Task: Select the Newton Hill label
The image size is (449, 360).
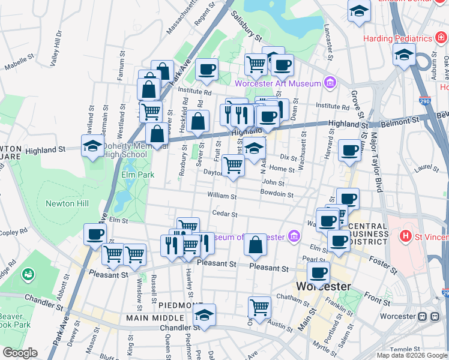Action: tap(67, 203)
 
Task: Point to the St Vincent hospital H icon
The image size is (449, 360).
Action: tap(406, 235)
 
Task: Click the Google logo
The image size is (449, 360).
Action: tap(20, 353)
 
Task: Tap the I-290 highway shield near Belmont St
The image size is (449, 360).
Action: tap(424, 101)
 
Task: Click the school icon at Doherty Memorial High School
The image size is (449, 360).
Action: tap(93, 145)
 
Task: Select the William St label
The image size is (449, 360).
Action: tap(223, 195)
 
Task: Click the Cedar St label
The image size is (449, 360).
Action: tap(225, 214)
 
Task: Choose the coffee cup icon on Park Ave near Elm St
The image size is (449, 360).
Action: tap(95, 235)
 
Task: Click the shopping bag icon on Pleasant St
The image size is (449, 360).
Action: tap(256, 244)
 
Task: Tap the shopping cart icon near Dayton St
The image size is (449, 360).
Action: tap(233, 165)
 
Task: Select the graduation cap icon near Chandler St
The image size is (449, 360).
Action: tap(205, 315)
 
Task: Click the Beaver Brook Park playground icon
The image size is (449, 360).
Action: tap(28, 275)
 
